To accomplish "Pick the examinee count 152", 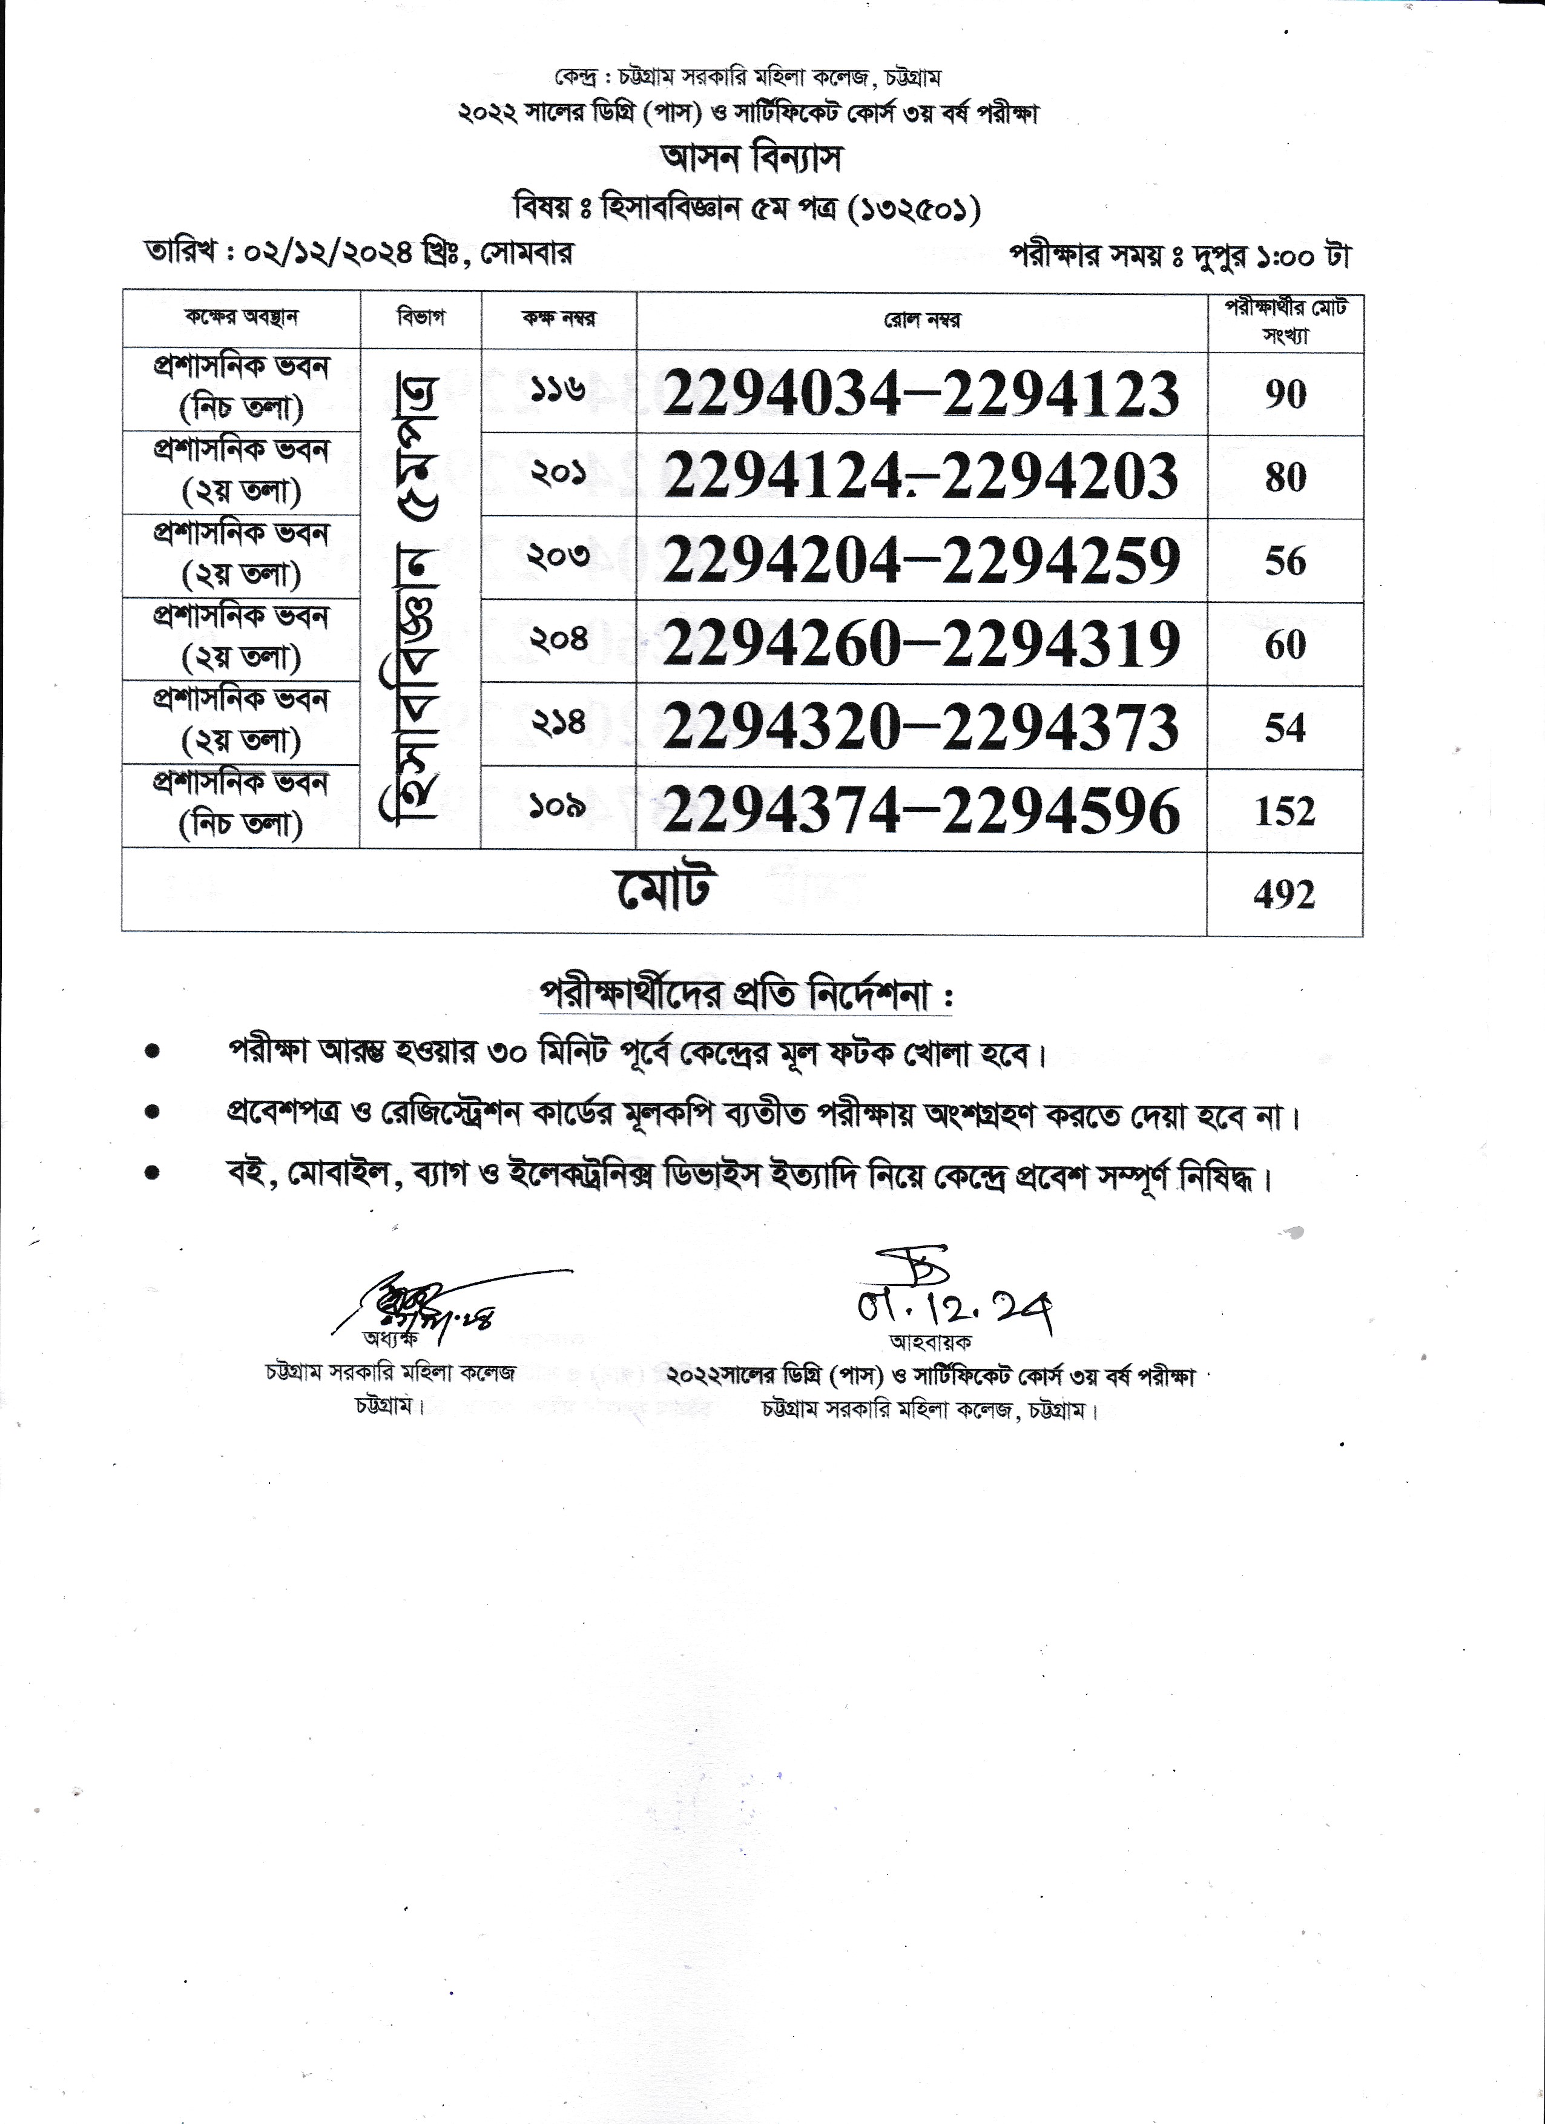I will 1285,811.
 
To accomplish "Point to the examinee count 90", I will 1285,394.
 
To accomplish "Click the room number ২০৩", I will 558,556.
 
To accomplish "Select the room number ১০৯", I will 558,805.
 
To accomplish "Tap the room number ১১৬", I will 558,388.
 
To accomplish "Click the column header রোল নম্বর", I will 921,322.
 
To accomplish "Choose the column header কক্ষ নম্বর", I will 559,318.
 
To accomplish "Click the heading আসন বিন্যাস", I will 752,157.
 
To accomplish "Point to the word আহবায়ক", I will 930,1342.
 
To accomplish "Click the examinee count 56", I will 1285,561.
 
